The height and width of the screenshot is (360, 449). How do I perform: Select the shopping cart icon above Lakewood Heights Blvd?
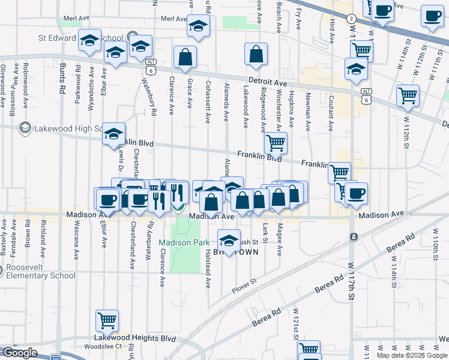pyautogui.click(x=107, y=321)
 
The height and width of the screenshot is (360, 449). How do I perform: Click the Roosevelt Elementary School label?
pyautogui.click(x=38, y=271)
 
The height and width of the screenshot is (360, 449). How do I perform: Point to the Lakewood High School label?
pyautogui.click(x=60, y=128)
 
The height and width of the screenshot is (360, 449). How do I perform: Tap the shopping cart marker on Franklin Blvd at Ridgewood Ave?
pyautogui.click(x=276, y=143)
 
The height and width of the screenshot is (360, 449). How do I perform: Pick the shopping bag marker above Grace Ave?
pyautogui.click(x=185, y=58)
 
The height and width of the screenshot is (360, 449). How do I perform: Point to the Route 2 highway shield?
pyautogui.click(x=351, y=19)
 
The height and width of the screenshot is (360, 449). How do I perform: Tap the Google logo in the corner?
pyautogui.click(x=20, y=353)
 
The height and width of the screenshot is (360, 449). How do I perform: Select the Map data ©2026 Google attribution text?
pyautogui.click(x=411, y=355)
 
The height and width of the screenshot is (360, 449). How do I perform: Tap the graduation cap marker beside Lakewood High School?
pyautogui.click(x=113, y=135)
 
